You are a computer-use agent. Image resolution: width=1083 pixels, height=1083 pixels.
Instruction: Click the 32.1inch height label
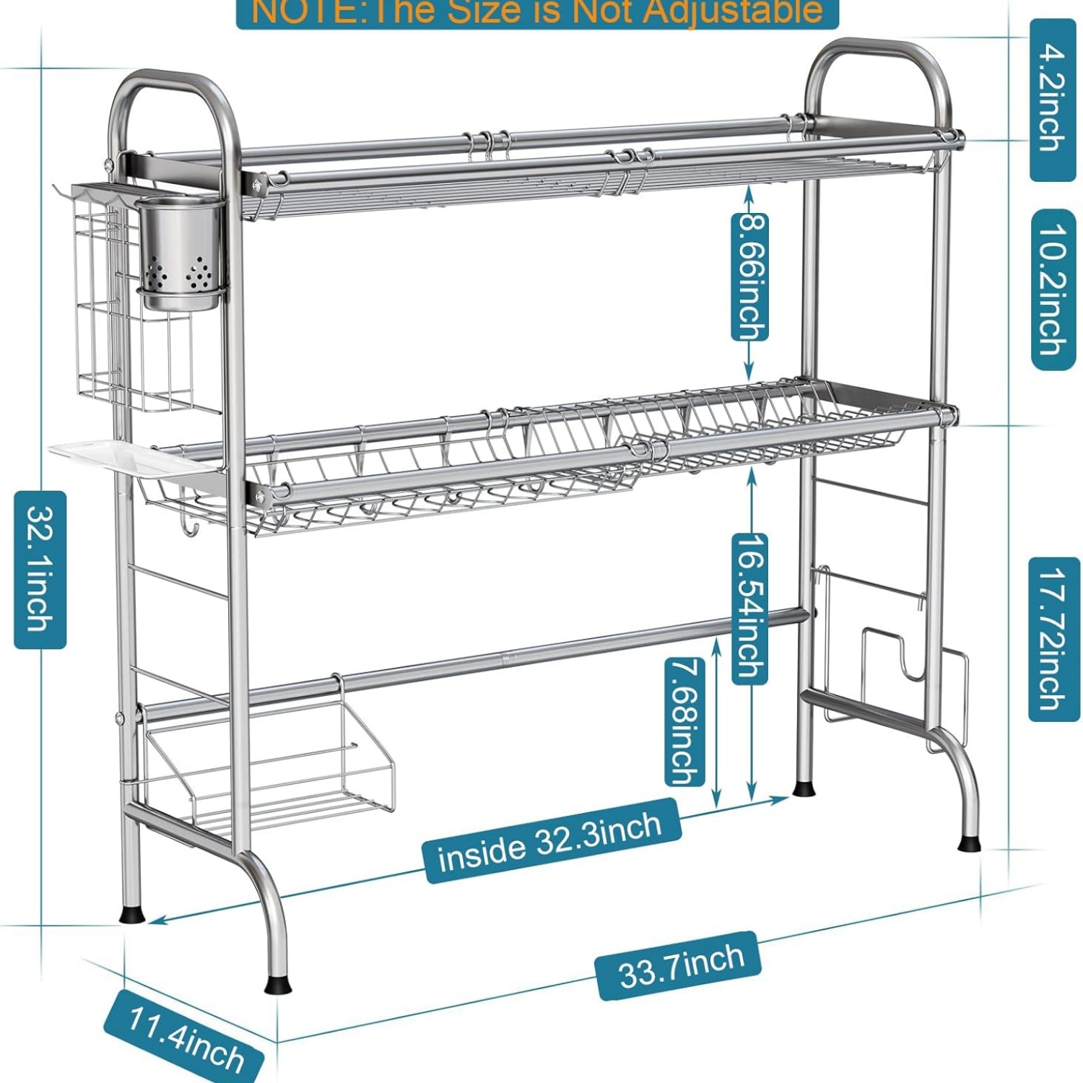[40, 570]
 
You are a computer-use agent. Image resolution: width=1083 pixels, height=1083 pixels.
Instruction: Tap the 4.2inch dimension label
[1053, 100]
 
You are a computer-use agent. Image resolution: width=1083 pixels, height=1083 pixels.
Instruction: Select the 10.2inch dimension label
[1053, 290]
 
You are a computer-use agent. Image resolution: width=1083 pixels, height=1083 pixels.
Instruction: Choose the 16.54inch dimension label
[750, 609]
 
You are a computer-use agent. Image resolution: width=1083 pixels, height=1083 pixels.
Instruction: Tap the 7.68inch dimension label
[684, 721]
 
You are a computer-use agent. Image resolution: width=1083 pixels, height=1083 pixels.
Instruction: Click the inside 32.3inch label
[551, 840]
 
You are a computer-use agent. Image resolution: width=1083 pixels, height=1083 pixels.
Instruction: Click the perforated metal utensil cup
[179, 253]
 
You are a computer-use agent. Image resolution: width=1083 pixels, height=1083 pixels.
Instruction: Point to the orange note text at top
[537, 11]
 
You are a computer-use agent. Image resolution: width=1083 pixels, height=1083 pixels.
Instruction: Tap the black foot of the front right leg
[970, 843]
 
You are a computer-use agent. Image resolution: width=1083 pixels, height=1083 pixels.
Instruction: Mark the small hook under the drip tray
[189, 527]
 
